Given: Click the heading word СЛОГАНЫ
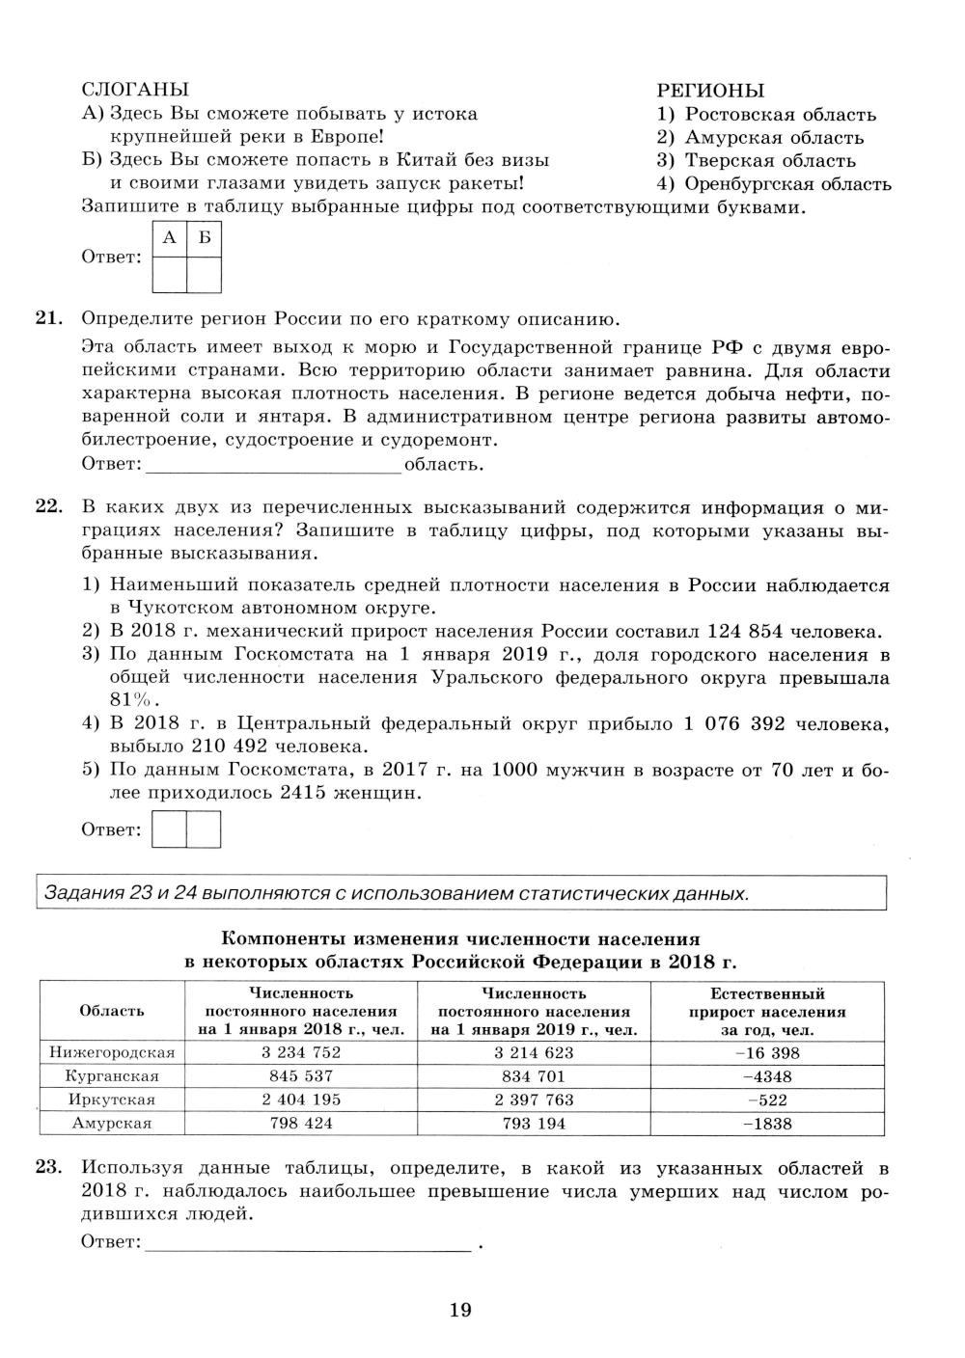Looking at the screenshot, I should tap(135, 90).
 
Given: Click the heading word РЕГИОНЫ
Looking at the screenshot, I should tap(710, 91).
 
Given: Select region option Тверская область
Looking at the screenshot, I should tap(769, 161).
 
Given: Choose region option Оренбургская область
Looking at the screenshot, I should tap(787, 184).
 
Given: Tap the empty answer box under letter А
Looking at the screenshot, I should tap(170, 274).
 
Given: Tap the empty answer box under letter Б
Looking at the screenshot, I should tap(204, 274).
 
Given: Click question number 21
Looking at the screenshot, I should tap(48, 319).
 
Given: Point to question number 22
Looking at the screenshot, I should tap(48, 508).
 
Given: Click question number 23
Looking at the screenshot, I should tap(48, 1168).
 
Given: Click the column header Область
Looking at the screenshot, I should tap(112, 1011).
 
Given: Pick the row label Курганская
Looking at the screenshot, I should tap(112, 1076).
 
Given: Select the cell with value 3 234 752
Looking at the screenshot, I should tap(301, 1053).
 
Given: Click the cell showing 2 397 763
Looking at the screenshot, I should tap(534, 1100).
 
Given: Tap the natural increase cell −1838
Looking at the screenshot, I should tap(767, 1124).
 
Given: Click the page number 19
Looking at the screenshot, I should tap(460, 1310).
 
